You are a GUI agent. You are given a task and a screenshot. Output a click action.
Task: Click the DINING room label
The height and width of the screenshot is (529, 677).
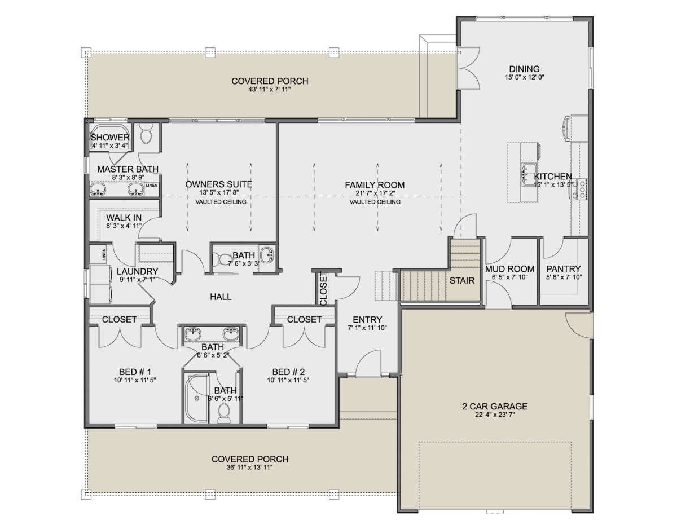(x=524, y=69)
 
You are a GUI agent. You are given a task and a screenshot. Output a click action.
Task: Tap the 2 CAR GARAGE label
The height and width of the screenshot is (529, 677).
(x=495, y=406)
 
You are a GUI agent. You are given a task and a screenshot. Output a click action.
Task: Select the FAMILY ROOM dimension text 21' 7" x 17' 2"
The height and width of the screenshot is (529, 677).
(x=375, y=193)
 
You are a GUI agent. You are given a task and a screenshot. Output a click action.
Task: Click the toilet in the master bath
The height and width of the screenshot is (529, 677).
(x=146, y=134)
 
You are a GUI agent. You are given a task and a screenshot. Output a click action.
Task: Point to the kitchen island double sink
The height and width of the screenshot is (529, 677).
(x=529, y=174)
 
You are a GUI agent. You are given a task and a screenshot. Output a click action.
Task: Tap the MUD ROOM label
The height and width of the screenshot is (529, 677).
(x=509, y=268)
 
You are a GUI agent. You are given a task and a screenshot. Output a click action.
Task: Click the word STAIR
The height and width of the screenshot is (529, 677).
(x=461, y=280)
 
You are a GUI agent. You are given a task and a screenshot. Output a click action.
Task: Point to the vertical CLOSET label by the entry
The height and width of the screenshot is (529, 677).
(x=323, y=289)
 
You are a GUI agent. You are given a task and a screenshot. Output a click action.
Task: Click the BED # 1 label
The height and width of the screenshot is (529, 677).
(x=135, y=372)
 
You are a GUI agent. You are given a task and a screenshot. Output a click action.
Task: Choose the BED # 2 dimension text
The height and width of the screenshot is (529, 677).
(x=288, y=380)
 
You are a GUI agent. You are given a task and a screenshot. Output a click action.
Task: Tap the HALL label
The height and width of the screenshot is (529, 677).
(x=221, y=297)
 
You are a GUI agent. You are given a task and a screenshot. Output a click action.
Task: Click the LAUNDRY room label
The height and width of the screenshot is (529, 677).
(x=138, y=271)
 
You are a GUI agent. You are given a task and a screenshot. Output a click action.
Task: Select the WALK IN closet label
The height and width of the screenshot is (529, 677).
(x=124, y=218)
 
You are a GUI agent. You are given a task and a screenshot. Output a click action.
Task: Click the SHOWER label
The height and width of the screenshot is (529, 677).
(x=110, y=137)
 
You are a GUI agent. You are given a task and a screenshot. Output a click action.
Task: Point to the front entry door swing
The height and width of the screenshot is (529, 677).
(x=368, y=363)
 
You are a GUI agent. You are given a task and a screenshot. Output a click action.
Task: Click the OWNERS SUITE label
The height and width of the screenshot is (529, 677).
(x=219, y=184)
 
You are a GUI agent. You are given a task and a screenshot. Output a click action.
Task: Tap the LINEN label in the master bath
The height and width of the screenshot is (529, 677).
(x=152, y=185)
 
